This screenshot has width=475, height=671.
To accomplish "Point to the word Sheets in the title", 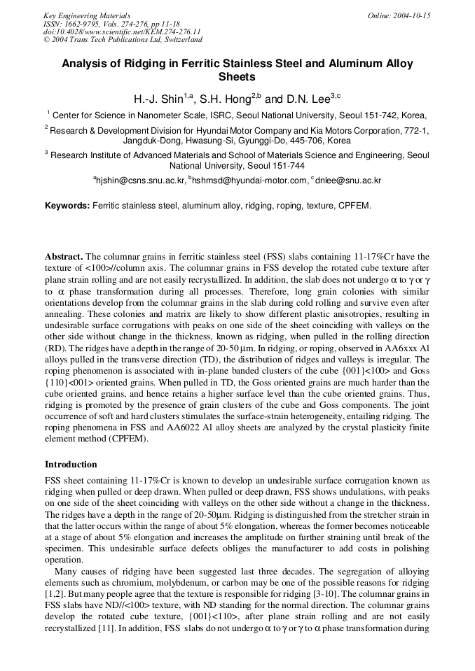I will pyautogui.click(x=237, y=77).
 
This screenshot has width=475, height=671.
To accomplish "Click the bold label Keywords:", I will pyautogui.click(x=67, y=206).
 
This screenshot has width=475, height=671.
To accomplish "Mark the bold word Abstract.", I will pyautogui.click(x=64, y=257).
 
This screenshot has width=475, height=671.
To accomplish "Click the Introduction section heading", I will pyautogui.click(x=71, y=465).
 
